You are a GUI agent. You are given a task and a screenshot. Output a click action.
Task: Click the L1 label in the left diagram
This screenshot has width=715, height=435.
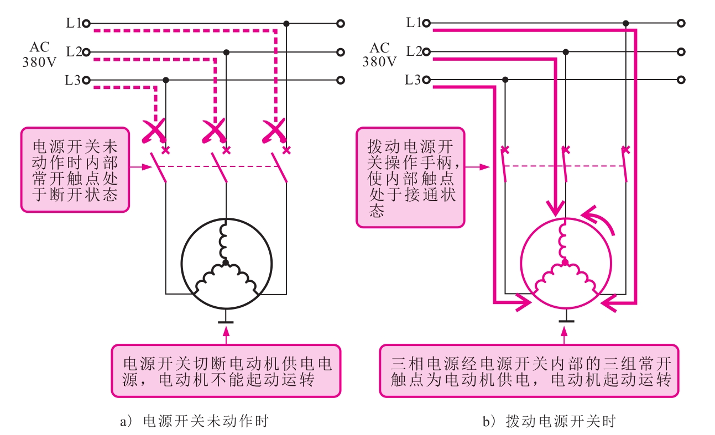click(x=73, y=23)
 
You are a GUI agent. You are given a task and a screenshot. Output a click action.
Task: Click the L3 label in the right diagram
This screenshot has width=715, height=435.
click(x=413, y=80)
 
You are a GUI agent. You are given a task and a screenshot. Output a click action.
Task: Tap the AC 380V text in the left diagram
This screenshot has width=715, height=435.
click(x=39, y=55)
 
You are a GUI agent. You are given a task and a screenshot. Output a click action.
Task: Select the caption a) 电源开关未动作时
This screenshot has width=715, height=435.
click(x=194, y=422)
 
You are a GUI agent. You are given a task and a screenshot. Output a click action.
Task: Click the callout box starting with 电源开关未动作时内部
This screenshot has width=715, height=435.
click(x=75, y=170)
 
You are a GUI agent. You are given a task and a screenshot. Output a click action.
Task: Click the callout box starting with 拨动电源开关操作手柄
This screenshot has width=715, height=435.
click(x=410, y=177)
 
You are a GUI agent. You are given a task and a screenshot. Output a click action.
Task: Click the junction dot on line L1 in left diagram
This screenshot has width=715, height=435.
click(x=286, y=24)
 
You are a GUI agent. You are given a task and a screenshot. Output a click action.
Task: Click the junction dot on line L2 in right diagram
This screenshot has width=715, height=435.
click(x=565, y=52)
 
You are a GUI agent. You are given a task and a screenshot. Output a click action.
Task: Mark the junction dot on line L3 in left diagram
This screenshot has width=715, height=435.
click(x=165, y=80)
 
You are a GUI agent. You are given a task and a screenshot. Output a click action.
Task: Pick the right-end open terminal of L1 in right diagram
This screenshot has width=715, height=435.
click(x=681, y=24)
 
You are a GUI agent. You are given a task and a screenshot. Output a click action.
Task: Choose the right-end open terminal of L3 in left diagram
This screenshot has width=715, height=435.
click(x=341, y=80)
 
